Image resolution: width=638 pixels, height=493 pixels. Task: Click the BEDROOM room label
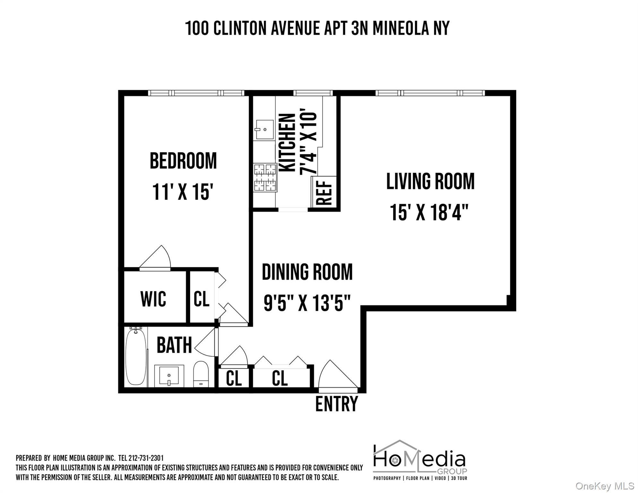coord(183,161)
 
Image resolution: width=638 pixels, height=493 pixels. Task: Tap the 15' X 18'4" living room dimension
coord(429,212)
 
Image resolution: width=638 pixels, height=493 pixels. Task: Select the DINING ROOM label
coord(307,272)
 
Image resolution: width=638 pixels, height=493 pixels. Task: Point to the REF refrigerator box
coord(324,192)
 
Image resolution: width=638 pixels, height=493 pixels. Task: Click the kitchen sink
coord(265,129)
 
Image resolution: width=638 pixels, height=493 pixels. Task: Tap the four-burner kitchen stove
coord(265,177)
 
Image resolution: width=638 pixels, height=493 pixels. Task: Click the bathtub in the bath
coord(136,356)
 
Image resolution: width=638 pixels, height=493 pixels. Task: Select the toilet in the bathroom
coord(201,374)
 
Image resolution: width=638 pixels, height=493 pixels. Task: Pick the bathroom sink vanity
coord(169,376)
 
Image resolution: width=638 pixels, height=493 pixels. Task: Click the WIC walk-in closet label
coord(153,299)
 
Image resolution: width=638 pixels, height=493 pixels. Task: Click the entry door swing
coord(335,376)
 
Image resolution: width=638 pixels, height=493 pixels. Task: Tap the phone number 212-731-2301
coord(146,458)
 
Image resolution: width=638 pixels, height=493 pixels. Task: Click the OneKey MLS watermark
coord(605,486)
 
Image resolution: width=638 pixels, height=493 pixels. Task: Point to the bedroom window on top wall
coord(196,93)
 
